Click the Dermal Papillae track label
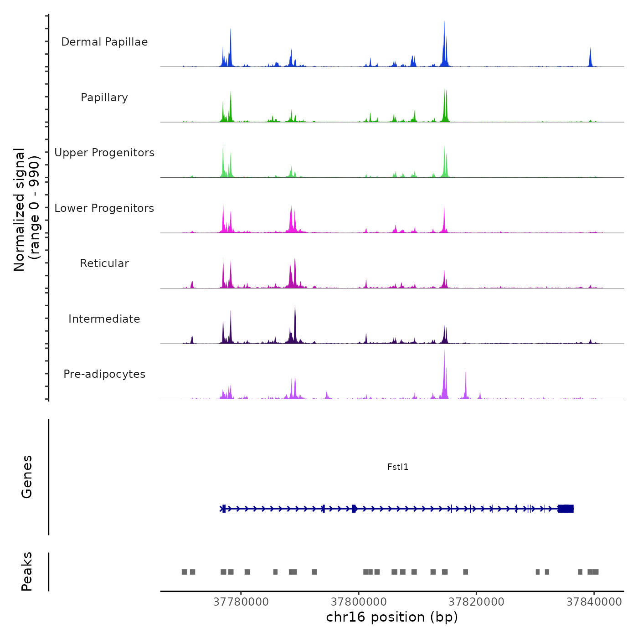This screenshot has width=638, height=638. [104, 42]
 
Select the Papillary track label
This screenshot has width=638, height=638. [104, 98]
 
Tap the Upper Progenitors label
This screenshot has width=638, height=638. [104, 153]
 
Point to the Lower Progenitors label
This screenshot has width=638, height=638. [104, 208]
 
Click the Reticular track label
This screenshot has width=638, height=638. [104, 263]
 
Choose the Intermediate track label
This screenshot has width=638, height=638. [104, 319]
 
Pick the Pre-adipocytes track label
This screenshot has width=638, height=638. [104, 374]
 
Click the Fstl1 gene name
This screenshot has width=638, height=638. [398, 467]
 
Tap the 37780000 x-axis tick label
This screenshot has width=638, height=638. [241, 602]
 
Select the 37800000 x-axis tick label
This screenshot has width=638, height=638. [359, 602]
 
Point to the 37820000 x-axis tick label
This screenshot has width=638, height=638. [476, 602]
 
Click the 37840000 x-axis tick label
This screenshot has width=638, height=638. [594, 602]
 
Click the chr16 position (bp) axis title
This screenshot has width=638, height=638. [392, 617]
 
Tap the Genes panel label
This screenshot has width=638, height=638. [27, 477]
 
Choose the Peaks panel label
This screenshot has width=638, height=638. [27, 571]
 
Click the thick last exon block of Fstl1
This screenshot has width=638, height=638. [566, 509]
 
